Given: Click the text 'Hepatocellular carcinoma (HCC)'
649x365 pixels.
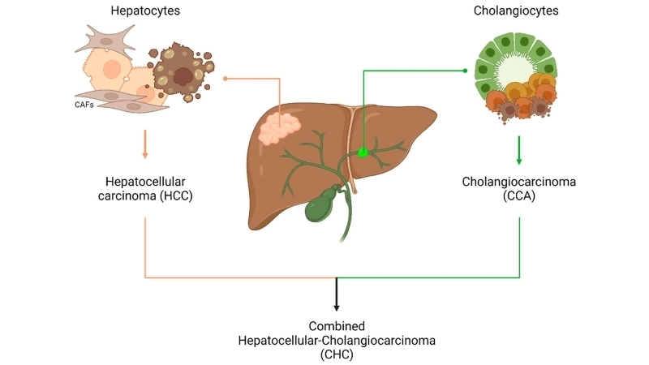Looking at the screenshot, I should pos(146,187).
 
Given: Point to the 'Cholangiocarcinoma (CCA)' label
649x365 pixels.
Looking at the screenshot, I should pos(519,187).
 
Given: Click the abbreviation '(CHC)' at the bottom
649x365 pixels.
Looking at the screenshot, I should pos(336,354).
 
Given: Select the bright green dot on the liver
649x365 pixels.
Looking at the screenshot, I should pos(363,152).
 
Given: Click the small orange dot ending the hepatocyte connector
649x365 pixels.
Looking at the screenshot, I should pos(224,79).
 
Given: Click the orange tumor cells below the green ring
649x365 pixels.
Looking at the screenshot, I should pos(527,101).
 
